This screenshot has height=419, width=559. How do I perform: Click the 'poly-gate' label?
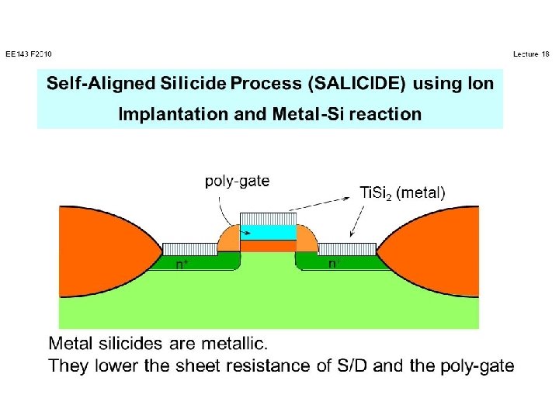(x=237, y=182)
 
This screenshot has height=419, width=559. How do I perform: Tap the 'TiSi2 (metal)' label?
(x=403, y=193)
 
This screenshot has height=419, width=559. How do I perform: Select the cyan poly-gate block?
(x=268, y=232)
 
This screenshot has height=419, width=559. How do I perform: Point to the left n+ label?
(x=181, y=264)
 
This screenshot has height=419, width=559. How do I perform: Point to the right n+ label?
(x=334, y=264)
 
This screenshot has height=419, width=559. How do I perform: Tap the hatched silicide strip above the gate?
(x=268, y=218)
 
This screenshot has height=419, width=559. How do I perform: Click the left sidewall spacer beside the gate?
(x=229, y=239)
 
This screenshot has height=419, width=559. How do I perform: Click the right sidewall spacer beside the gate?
(x=307, y=239)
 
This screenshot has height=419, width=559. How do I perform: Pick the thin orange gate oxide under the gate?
(x=268, y=246)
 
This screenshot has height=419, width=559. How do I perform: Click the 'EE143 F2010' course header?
(x=28, y=54)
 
